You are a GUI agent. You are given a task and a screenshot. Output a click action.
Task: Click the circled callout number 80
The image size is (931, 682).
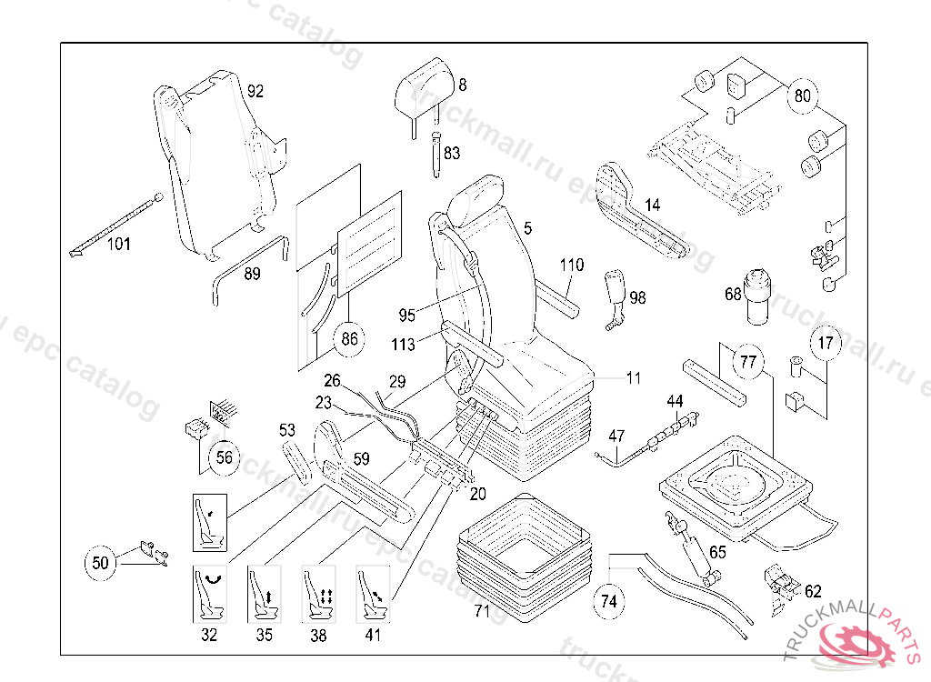pos(803,95)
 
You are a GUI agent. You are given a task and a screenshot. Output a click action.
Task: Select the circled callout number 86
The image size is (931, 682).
pos(350,340)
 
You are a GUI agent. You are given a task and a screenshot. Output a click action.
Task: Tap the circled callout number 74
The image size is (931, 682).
pos(609,601)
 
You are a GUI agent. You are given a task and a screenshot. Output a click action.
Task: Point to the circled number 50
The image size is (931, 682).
pos(101,563)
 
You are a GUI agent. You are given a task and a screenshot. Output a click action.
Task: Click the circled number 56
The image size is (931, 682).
pos(224,458)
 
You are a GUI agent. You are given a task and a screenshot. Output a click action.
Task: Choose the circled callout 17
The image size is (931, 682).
pos(826,344)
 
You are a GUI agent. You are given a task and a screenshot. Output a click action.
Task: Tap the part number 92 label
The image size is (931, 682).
pos(255,91)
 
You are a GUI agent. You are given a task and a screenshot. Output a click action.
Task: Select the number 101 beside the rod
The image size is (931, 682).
pos(119,244)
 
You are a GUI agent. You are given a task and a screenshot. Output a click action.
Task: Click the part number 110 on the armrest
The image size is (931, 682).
pos(572,266)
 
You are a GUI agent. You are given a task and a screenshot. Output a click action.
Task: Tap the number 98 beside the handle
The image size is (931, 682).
pos(637,297)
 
